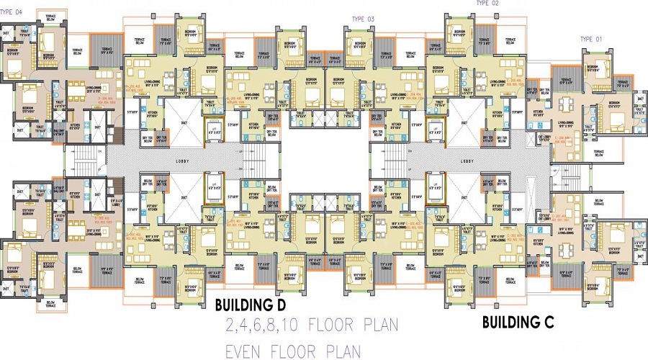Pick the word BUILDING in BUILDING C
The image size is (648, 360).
coord(512,321)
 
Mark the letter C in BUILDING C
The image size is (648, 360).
coord(549,321)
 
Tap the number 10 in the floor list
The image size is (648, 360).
coord(295,325)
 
